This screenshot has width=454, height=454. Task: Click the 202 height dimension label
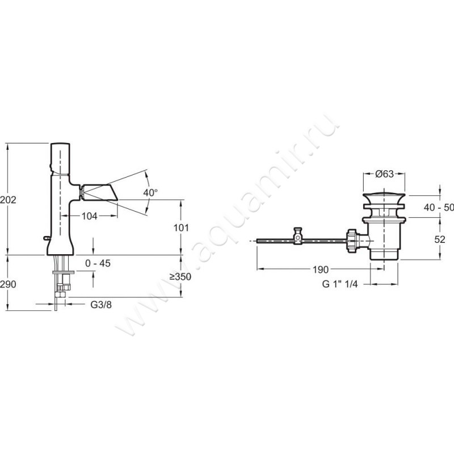(8, 200)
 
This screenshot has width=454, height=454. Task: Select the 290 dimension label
(8, 284)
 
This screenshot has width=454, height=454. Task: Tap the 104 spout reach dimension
(89, 216)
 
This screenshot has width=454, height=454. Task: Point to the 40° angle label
(150, 192)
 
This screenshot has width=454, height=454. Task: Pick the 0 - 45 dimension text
(98, 263)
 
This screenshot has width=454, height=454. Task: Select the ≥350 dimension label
(180, 276)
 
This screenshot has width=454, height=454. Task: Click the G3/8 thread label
(101, 305)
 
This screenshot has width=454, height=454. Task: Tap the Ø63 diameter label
(385, 174)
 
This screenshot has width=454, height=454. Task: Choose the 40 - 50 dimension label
(439, 207)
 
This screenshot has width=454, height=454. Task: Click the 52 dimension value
(440, 239)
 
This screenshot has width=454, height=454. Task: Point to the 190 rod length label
(321, 270)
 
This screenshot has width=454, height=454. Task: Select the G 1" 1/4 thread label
(340, 284)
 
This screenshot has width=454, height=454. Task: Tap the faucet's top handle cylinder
(60, 158)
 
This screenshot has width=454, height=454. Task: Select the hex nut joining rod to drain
(351, 241)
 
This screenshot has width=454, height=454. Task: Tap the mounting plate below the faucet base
(63, 272)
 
